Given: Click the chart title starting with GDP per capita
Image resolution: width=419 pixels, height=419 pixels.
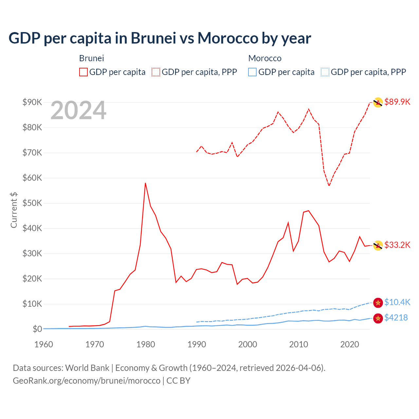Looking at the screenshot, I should click(160, 38).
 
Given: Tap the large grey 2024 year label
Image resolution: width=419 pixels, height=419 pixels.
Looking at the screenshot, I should click(78, 111).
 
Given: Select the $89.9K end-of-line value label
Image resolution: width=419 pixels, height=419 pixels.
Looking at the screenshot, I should click(397, 102).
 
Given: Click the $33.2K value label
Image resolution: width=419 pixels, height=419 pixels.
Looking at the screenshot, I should click(397, 245).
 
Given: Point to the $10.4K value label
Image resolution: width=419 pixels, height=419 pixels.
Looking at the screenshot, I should click(397, 302).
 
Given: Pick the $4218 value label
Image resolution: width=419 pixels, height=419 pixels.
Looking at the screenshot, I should click(396, 318).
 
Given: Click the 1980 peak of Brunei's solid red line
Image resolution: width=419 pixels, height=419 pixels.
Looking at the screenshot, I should click(145, 183).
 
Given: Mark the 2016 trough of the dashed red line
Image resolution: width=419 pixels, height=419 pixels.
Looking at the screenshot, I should click(329, 186).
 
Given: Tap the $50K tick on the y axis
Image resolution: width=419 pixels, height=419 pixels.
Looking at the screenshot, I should click(32, 203).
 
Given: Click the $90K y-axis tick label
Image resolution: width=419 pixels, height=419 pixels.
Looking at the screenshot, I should click(32, 102).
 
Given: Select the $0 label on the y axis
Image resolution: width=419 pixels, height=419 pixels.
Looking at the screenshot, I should click(37, 329).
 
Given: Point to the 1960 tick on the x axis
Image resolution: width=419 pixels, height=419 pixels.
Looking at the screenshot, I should click(44, 344).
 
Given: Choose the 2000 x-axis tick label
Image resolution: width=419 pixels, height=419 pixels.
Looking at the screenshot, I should click(247, 344).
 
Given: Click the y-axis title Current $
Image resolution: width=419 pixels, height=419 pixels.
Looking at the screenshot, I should click(14, 210).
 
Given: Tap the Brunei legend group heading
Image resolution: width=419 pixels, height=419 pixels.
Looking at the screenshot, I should click(91, 58).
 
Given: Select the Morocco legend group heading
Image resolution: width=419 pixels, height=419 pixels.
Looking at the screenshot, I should click(265, 58).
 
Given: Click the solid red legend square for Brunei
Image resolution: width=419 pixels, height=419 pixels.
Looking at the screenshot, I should click(83, 72).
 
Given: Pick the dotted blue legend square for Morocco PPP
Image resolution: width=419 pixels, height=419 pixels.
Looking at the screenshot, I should click(325, 72).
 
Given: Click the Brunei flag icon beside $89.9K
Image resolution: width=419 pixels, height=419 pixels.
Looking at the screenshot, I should click(378, 102).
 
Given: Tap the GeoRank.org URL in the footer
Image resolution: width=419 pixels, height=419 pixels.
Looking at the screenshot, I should click(86, 381).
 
